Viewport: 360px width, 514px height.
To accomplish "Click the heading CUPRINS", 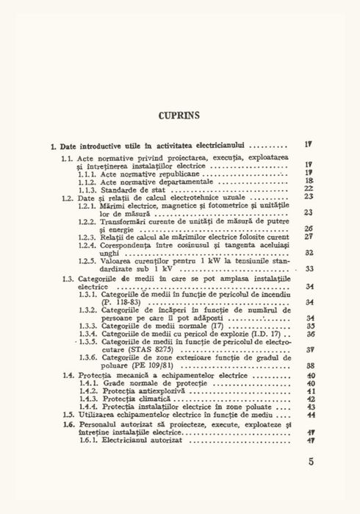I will [180, 115].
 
